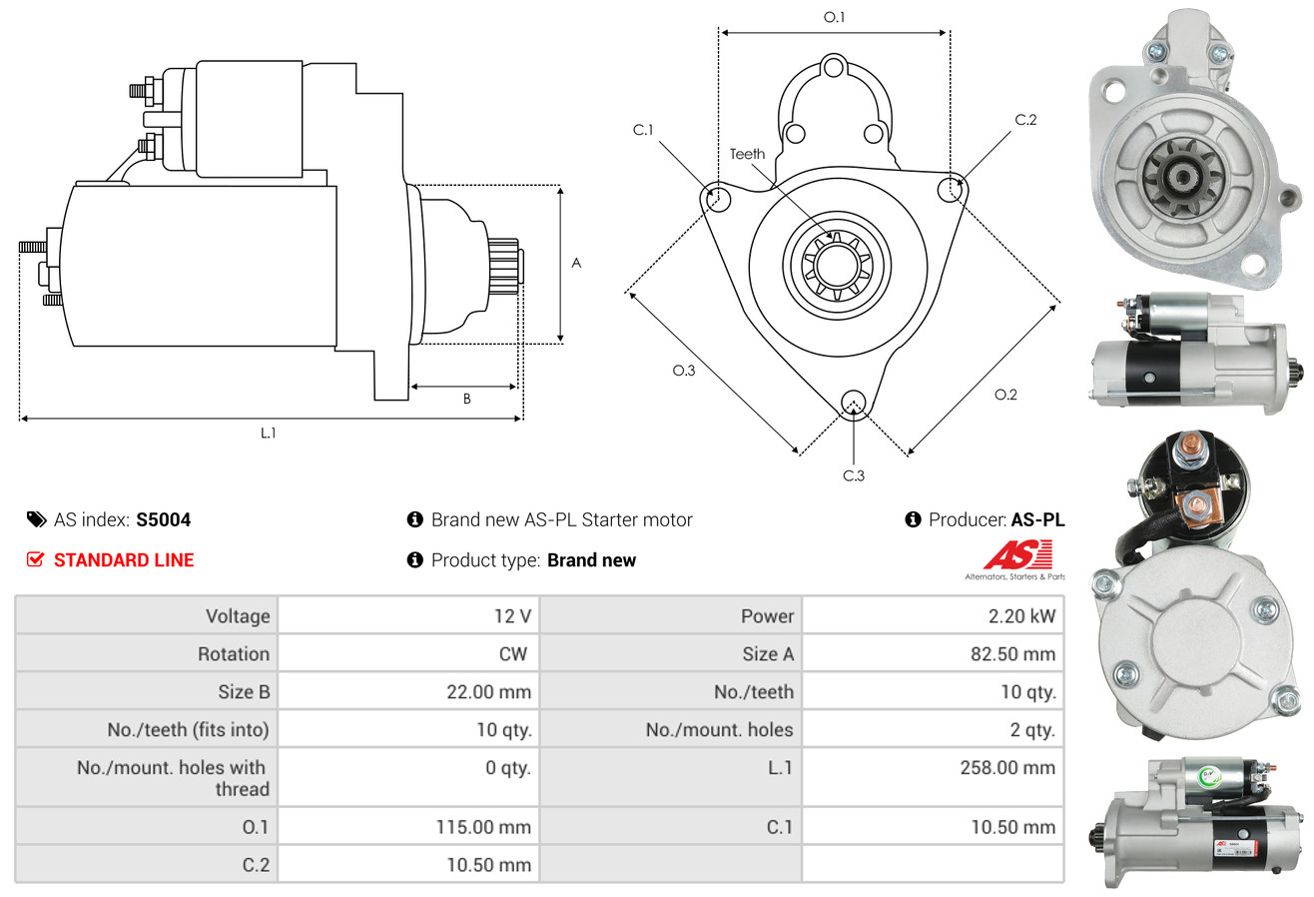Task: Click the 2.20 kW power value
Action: pyautogui.click(x=1021, y=616)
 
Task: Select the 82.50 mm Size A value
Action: pyautogui.click(x=1012, y=654)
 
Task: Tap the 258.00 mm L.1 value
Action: pyautogui.click(x=1007, y=767)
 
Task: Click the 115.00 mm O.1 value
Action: pyautogui.click(x=483, y=827)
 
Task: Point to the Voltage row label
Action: pyautogui.click(x=238, y=616)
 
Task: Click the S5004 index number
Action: pyautogui.click(x=163, y=519)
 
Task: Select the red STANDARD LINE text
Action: pyautogui.click(x=124, y=560)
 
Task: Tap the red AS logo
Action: pyautogui.click(x=1017, y=555)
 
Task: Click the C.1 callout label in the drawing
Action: pyautogui.click(x=643, y=130)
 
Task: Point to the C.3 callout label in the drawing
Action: pyautogui.click(x=854, y=475)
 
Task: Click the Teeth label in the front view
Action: pyautogui.click(x=747, y=154)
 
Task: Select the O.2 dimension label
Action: pyautogui.click(x=1005, y=395)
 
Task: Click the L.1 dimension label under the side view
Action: pyautogui.click(x=268, y=433)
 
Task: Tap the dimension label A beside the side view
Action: pyautogui.click(x=576, y=263)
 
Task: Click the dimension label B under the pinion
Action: pyautogui.click(x=467, y=399)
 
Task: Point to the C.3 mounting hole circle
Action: pyautogui.click(x=854, y=392)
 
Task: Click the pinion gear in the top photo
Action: pyautogui.click(x=1181, y=175)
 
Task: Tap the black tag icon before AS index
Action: pyautogui.click(x=36, y=519)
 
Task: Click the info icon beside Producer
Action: pyautogui.click(x=913, y=519)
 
